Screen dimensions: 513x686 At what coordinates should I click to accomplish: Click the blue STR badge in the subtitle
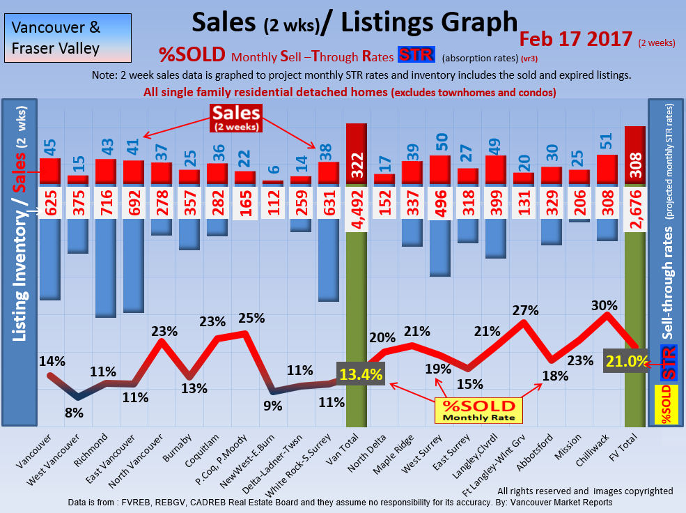[x=416, y=55]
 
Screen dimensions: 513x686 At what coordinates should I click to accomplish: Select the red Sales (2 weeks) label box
[x=236, y=117]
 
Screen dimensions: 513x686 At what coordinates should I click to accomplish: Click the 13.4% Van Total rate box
[x=361, y=374]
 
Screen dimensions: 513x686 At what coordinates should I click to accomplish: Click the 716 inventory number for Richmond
[x=105, y=204]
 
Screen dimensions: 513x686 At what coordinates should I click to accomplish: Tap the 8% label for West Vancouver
[x=75, y=413]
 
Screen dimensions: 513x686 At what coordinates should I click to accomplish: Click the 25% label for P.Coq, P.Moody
[x=251, y=318]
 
